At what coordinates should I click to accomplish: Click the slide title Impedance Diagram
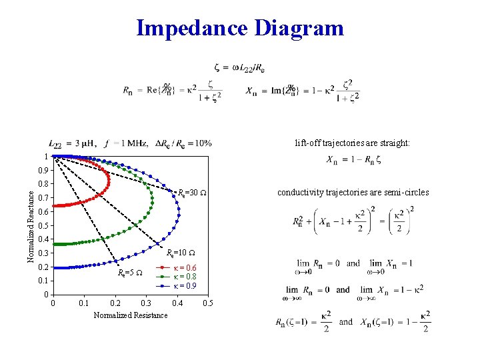(240, 29)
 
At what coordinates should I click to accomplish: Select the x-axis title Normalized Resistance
(131, 315)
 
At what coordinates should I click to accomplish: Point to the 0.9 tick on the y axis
(43, 170)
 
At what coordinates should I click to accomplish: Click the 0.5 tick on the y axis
(43, 225)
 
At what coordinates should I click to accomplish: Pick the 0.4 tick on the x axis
(177, 304)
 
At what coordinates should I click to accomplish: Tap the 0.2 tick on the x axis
(115, 304)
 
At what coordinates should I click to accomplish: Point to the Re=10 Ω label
(180, 253)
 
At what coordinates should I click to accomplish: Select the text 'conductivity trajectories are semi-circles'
(353, 193)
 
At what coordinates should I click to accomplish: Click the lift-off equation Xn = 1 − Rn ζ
(354, 160)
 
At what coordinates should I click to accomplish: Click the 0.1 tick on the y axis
(43, 281)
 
